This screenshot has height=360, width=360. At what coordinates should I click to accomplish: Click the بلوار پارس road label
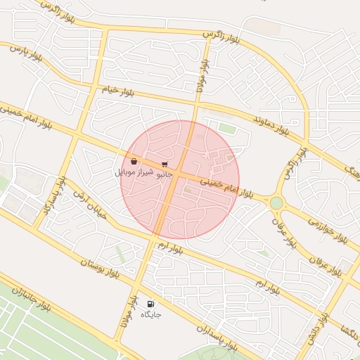25,54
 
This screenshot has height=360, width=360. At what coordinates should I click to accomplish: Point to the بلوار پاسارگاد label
47,199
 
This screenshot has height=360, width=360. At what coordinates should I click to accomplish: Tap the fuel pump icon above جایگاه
150,304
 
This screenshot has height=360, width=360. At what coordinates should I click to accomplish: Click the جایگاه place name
150,314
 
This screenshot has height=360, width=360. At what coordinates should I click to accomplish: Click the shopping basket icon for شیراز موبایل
134,162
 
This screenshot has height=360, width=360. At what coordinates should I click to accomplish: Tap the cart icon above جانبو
165,164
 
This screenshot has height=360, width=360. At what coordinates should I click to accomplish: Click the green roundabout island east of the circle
276,202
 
